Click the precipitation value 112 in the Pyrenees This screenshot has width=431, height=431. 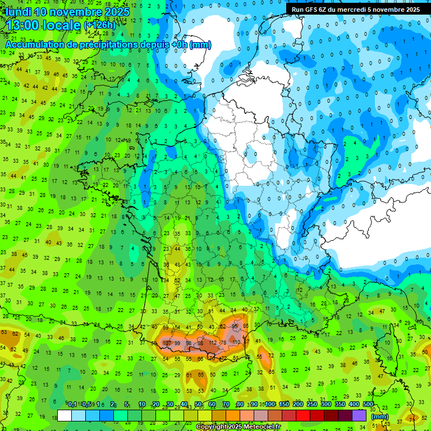[212, 343]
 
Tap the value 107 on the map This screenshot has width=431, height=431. [167, 343]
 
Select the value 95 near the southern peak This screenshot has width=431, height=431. [236, 326]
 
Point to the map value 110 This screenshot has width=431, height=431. [236, 342]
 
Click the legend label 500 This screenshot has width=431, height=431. [368, 404]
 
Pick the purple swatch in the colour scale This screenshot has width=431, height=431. [359, 415]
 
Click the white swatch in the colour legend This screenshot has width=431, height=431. [65, 415]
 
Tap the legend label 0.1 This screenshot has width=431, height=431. [72, 404]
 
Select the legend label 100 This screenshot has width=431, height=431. [270, 404]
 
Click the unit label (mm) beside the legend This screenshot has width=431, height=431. [380, 416]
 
